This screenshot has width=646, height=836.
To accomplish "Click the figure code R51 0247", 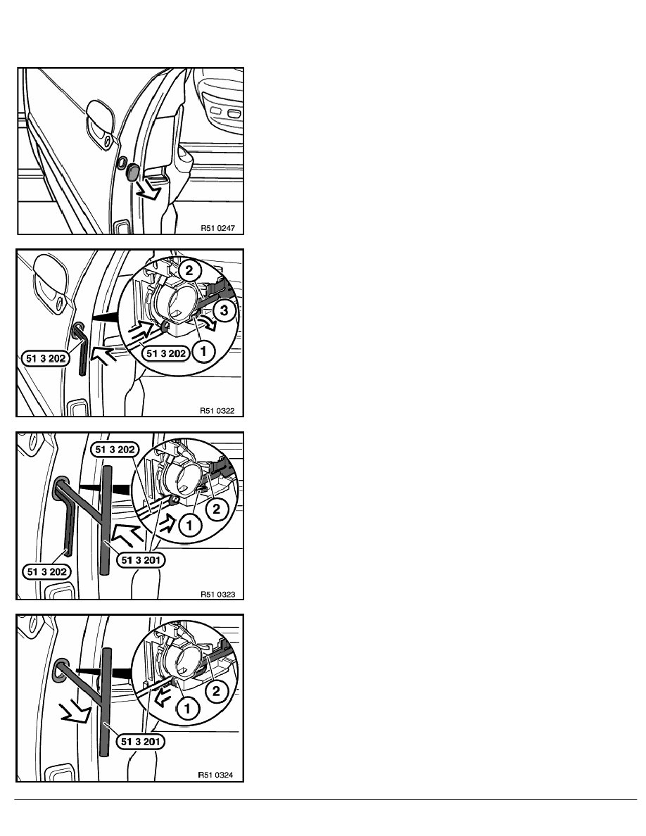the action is [x=217, y=228].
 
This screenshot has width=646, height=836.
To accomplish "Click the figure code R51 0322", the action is [x=217, y=410].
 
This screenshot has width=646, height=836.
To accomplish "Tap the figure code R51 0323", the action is [x=217, y=594].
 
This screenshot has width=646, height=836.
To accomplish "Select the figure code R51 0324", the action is [x=215, y=775].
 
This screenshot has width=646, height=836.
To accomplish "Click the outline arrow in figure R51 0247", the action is [x=148, y=189].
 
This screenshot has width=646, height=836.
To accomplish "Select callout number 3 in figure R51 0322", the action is [x=224, y=310].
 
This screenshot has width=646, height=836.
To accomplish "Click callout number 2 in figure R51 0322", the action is [x=189, y=270].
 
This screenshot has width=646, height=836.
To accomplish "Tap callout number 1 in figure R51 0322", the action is [x=203, y=351].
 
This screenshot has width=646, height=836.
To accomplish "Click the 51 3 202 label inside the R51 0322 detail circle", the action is [x=166, y=353].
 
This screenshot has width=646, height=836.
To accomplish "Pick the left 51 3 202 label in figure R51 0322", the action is [x=46, y=359].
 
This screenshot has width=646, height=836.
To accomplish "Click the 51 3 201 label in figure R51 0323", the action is [x=141, y=560].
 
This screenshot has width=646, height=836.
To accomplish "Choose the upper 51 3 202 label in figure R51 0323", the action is [x=115, y=450].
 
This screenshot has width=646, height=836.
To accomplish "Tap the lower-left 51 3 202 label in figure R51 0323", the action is [x=47, y=572].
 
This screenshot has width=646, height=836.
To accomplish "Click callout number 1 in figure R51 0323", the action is [x=189, y=525].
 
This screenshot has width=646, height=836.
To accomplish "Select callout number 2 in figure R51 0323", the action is [x=217, y=509].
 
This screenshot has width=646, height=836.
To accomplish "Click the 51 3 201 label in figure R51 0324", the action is [x=140, y=742].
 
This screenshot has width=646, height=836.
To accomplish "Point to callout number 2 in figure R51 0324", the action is [x=216, y=692].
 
